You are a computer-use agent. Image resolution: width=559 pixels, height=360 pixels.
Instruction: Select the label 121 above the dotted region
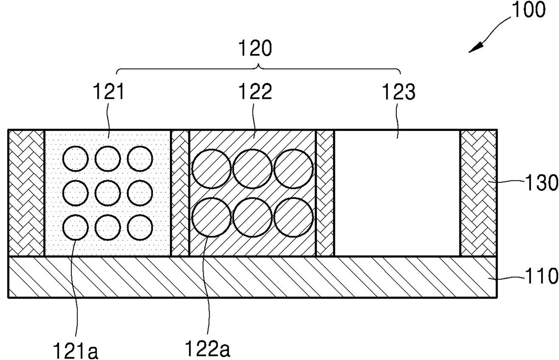pyautogui.click(x=108, y=92)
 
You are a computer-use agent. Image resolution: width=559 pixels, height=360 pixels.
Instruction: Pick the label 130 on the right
pyautogui.click(x=541, y=184)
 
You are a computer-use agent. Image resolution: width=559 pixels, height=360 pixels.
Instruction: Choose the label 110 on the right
pyautogui.click(x=541, y=277)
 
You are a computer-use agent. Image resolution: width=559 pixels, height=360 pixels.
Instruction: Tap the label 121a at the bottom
pyautogui.click(x=75, y=350)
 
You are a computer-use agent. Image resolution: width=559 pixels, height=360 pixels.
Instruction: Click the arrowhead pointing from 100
pyautogui.click(x=473, y=48)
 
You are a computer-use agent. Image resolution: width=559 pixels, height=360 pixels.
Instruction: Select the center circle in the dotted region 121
pyautogui.click(x=108, y=193)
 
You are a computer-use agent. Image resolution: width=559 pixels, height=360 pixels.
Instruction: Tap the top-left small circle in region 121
pyautogui.click(x=75, y=160)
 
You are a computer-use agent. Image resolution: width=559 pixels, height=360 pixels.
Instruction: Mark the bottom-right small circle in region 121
pyautogui.click(x=140, y=227)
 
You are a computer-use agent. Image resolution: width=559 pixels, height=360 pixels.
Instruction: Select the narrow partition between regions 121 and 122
pyautogui.click(x=180, y=193)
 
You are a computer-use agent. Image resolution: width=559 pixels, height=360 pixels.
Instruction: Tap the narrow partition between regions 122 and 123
pyautogui.click(x=325, y=193)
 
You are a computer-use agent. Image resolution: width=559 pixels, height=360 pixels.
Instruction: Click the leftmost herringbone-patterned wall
pyautogui.click(x=26, y=193)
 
